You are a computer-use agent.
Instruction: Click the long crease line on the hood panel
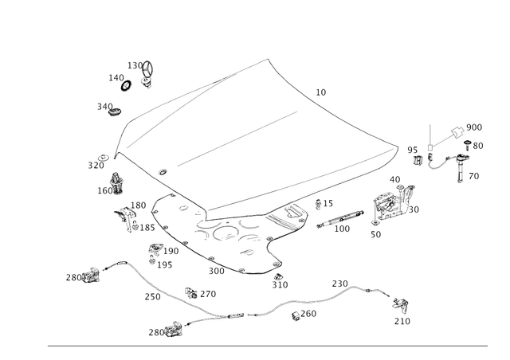coord(239,139)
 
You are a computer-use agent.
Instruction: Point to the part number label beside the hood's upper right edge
coord(322,92)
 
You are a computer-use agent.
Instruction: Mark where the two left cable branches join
coord(209,316)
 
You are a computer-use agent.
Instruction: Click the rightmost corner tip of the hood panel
coord(400,145)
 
